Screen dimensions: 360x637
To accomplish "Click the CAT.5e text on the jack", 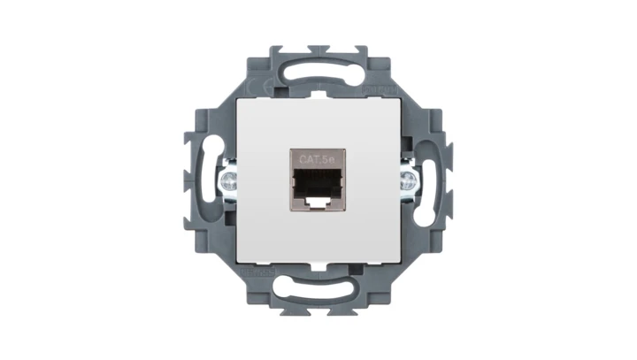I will pos(318,159).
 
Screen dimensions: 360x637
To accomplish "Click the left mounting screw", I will pos(227,181).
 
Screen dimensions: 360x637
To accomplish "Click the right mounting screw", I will pos(409,181).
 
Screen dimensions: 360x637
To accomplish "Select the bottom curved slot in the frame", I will pos(318,288).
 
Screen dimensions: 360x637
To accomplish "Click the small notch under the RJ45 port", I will pos(318,203).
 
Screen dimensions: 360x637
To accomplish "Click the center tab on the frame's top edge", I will pos(318,49).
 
